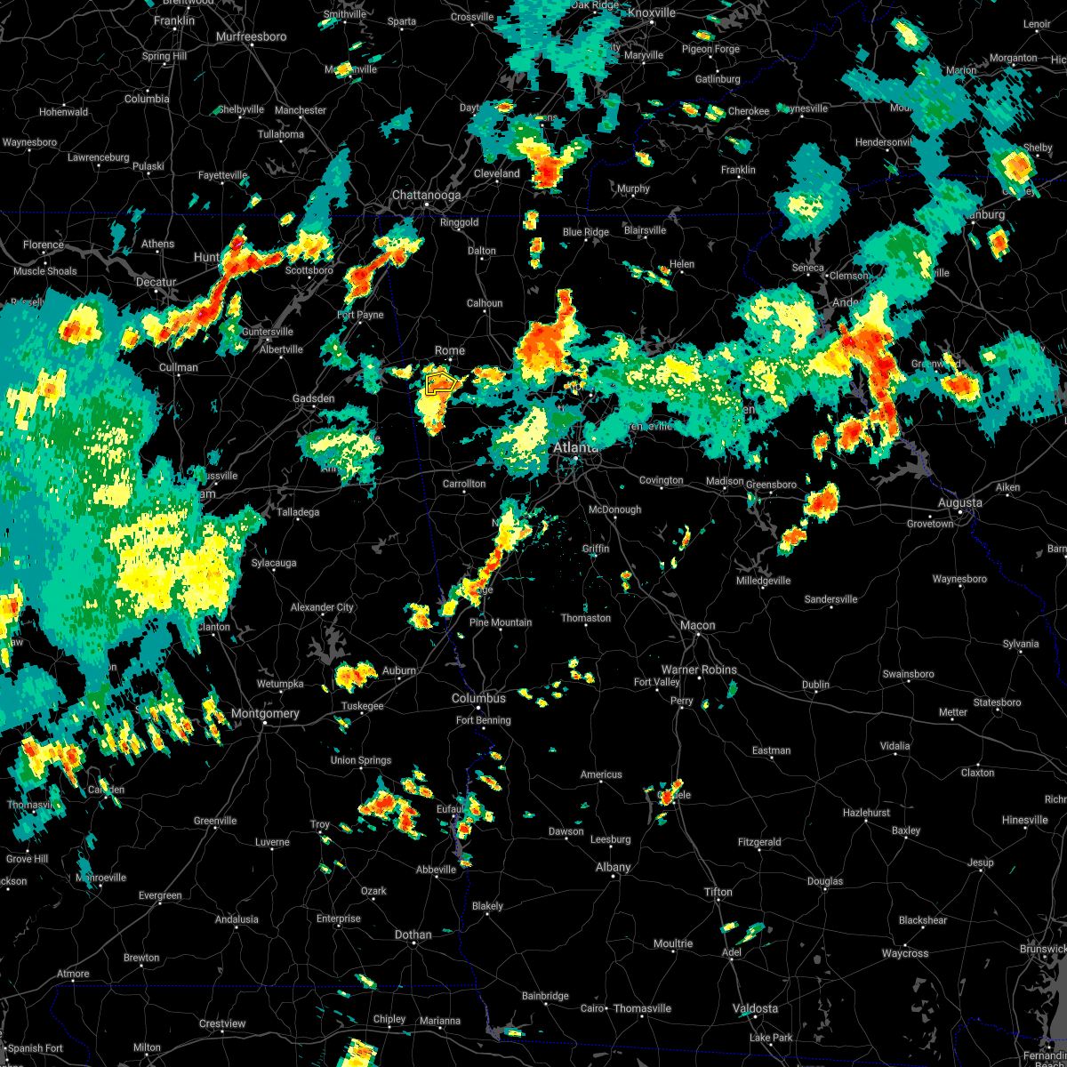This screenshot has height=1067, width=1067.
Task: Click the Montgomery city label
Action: coord(265,713)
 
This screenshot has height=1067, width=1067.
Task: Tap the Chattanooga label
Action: coord(427,195)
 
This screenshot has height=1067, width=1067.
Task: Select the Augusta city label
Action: coord(960,502)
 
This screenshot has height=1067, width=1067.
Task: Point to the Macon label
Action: coord(698,625)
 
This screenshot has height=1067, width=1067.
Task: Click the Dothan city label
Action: coord(413,935)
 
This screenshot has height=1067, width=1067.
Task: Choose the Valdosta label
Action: coord(755,1008)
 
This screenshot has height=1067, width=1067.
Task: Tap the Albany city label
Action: coord(614,867)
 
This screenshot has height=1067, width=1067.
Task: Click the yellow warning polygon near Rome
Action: coord(440,384)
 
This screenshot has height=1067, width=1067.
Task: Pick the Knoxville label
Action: coord(652,12)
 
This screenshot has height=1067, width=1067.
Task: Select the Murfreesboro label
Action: coord(252,36)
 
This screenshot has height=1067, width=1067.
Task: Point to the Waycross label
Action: coord(905,953)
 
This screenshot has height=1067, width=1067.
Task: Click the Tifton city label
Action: coord(718,892)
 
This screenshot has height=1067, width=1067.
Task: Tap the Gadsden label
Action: coord(314,398)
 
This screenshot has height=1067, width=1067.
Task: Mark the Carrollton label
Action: coord(465,484)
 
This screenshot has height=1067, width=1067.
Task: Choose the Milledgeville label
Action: coord(763,581)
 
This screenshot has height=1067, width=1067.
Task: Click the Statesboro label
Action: coord(998,702)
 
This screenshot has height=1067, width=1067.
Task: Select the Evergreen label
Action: coord(160,895)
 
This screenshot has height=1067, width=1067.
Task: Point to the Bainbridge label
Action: coord(545,996)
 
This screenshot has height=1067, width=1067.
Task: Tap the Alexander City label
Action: coord(322,607)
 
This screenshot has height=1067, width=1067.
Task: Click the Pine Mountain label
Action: coord(501,622)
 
